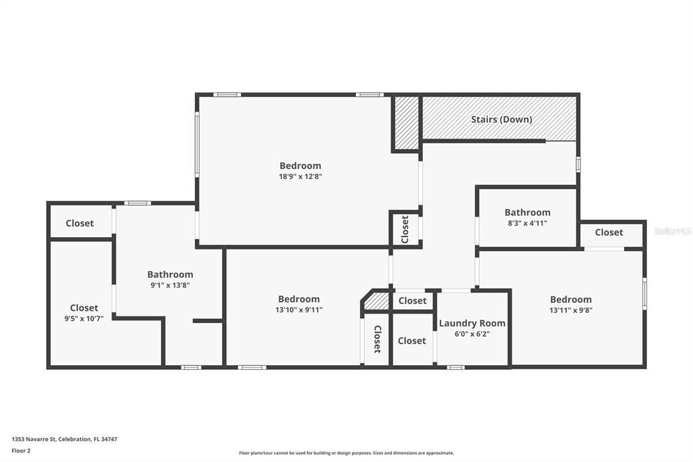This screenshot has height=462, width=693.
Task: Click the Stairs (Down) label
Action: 501,119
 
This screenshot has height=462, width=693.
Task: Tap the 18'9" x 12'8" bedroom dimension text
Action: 300,177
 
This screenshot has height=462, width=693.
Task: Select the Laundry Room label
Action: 472,323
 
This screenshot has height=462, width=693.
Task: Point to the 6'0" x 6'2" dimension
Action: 472,334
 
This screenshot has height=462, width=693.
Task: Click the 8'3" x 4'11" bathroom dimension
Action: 527,223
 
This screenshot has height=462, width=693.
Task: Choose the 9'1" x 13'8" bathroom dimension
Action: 170,285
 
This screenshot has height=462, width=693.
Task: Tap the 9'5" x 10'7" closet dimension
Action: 84,318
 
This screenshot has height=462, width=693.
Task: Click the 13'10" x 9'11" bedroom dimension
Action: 298,310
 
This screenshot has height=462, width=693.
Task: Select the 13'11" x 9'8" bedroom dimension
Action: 571,310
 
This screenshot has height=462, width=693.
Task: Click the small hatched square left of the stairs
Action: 407,123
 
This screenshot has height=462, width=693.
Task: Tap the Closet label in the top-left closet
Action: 80,223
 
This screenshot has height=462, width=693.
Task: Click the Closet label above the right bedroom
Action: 608,232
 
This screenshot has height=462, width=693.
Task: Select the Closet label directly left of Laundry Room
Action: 411,340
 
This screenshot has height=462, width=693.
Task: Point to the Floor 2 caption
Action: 21,450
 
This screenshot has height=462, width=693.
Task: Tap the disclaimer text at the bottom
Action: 346,453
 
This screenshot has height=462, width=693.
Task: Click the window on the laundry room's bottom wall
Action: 455,367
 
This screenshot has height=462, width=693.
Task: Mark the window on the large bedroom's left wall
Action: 197,144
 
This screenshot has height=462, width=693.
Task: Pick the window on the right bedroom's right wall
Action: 644,294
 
